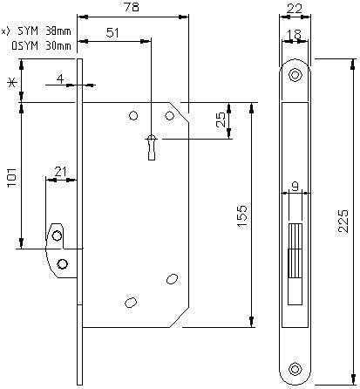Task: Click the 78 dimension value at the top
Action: [132, 7]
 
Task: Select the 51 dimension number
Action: [112, 32]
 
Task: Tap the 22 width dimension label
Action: [294, 9]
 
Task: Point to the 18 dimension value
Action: [295, 35]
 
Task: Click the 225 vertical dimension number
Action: [343, 221]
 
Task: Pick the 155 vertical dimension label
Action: [241, 216]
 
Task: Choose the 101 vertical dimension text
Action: [12, 177]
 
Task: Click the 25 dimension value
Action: [221, 119]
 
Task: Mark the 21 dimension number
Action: [61, 172]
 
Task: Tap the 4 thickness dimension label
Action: [60, 78]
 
